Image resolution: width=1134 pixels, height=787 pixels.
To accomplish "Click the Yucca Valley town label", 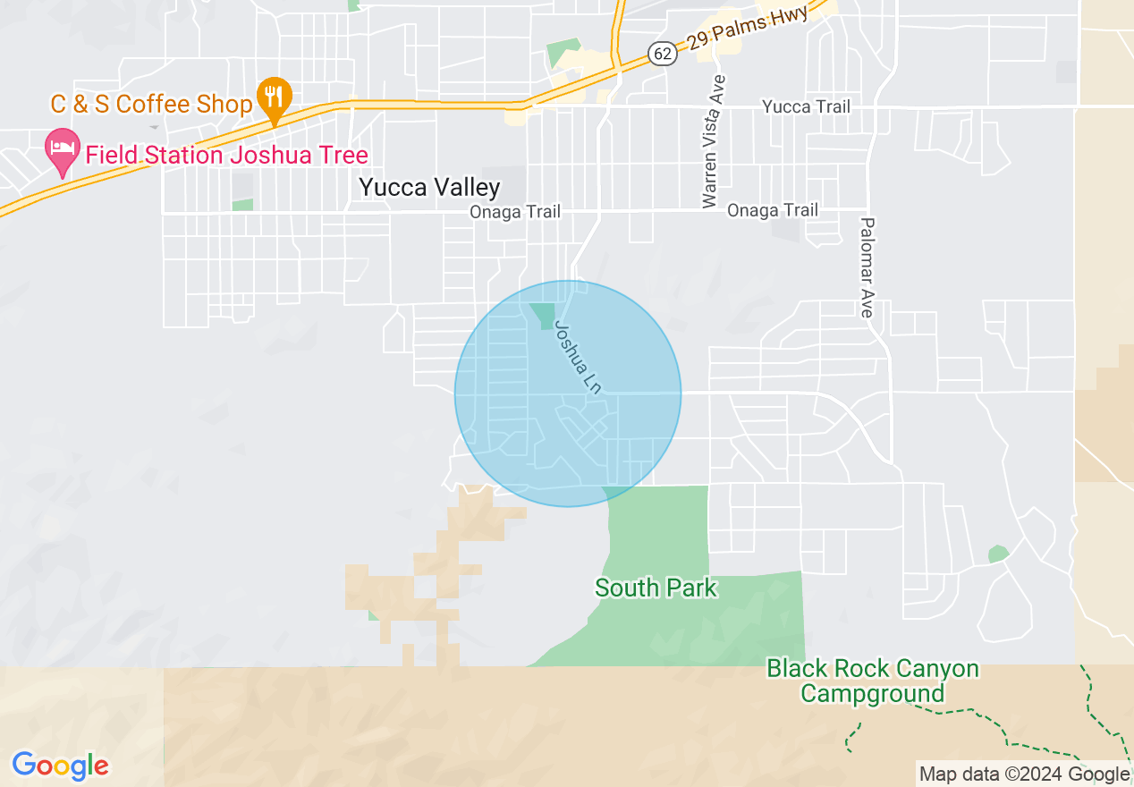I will (x=429, y=187).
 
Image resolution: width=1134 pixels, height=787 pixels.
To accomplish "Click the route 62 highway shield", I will (x=662, y=55).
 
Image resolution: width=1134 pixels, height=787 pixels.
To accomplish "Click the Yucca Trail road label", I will (x=806, y=106).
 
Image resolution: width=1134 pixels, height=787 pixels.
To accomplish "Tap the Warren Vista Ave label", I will (x=715, y=141).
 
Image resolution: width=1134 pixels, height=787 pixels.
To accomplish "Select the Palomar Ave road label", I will (x=866, y=267).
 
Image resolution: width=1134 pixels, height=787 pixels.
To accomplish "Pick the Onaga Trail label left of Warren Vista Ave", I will (x=515, y=212).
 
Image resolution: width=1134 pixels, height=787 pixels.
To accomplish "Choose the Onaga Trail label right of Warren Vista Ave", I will (x=773, y=210).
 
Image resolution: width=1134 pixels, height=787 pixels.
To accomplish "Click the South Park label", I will (x=656, y=588).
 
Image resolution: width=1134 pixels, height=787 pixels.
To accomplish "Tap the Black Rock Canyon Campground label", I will (x=872, y=681).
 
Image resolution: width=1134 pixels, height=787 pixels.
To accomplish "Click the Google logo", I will (x=60, y=766).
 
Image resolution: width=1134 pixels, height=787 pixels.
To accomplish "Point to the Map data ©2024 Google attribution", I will (x=1025, y=774).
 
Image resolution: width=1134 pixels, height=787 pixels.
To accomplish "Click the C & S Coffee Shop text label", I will (x=151, y=104).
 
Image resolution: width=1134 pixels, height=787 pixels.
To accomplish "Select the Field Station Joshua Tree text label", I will (x=226, y=155).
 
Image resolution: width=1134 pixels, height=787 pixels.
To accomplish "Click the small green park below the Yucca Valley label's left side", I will (x=242, y=205).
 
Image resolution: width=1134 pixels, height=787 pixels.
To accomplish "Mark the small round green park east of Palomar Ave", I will (x=998, y=554).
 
